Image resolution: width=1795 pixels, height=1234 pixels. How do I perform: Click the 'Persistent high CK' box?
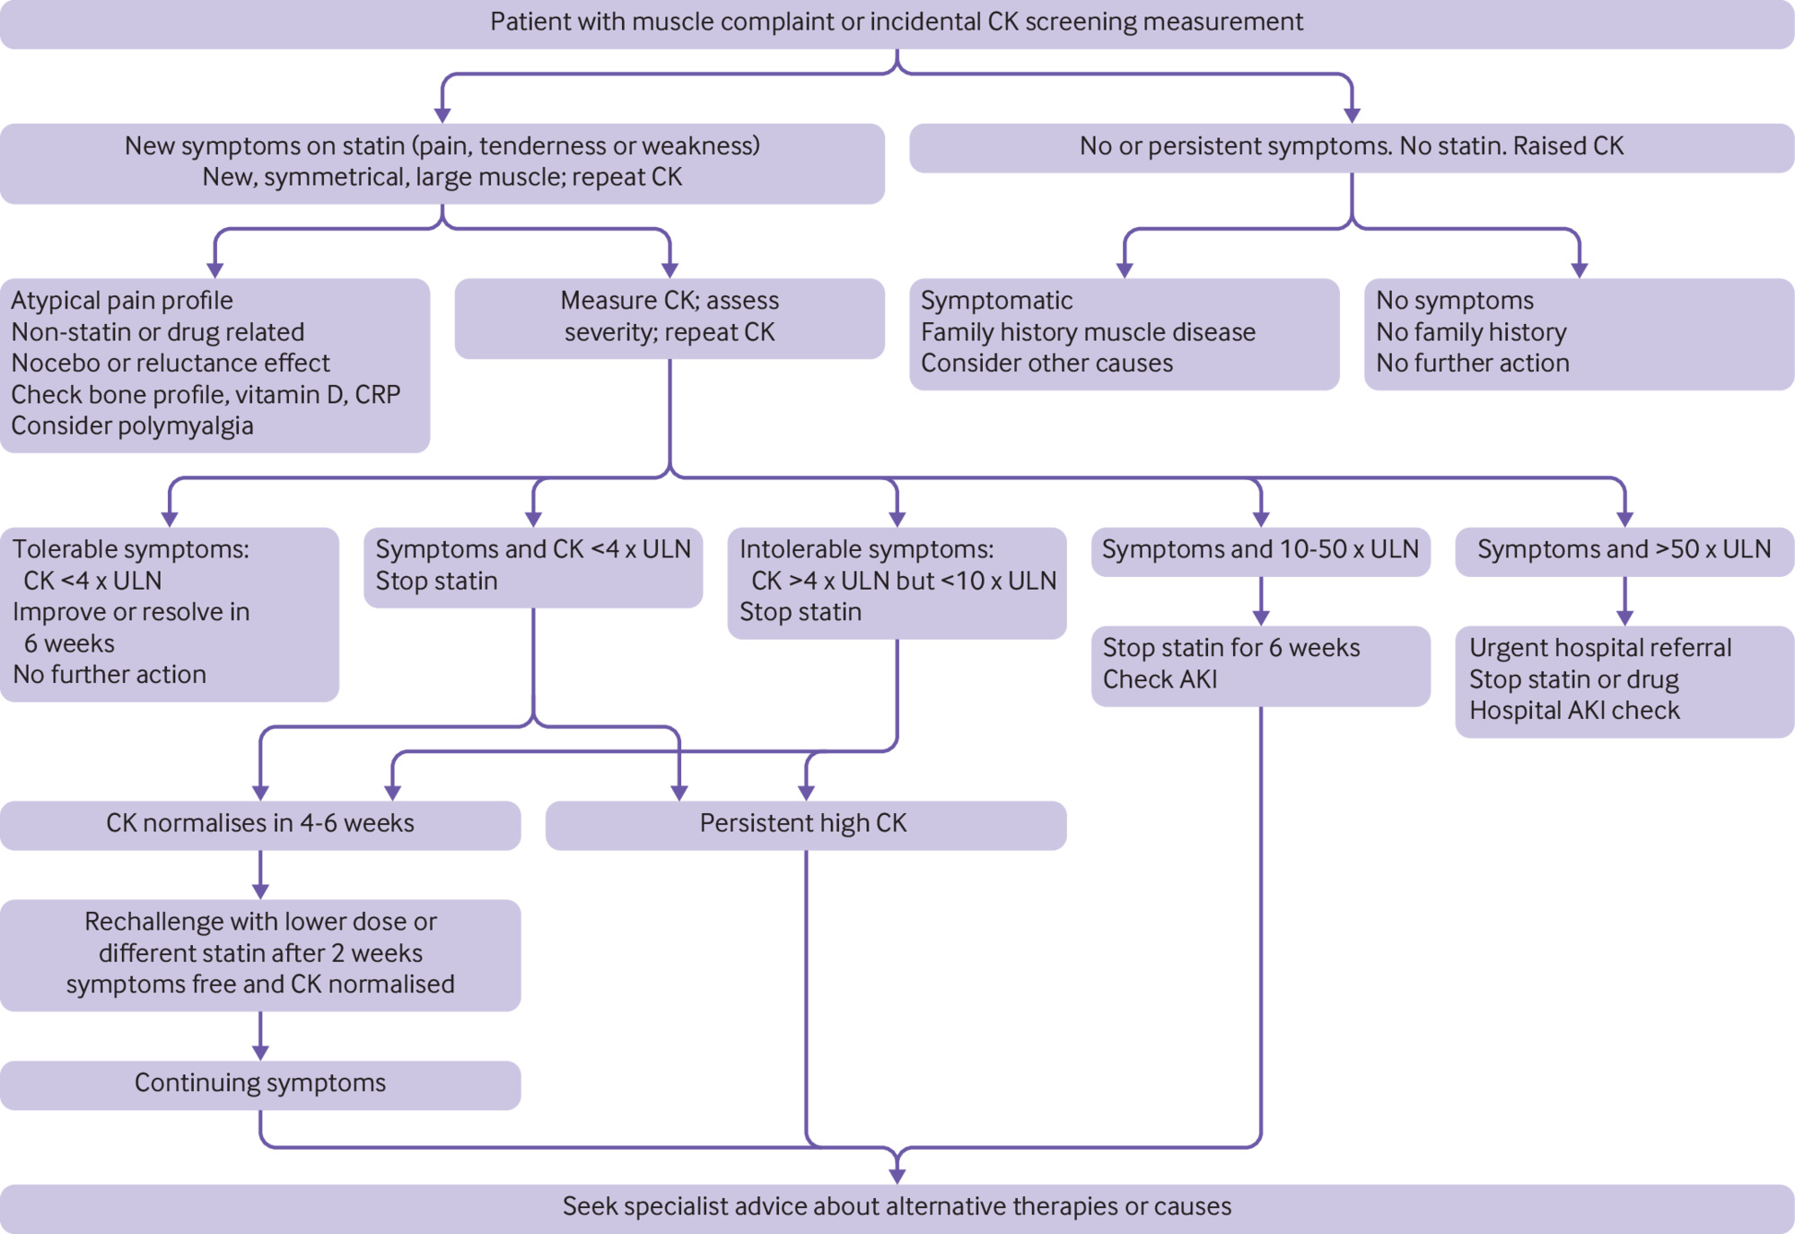point(805,824)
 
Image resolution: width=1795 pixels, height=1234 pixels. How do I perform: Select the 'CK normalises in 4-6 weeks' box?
point(260,824)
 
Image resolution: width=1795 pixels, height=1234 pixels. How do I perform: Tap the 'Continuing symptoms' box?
point(260,1084)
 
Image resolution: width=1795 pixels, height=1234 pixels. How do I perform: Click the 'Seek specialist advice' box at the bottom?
point(897,1207)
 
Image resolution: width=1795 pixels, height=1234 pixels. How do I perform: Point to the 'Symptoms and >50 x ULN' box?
point(1624,550)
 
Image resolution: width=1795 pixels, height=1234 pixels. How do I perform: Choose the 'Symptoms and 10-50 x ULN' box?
point(1260,550)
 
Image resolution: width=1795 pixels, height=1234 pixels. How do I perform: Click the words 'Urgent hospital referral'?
point(1599,648)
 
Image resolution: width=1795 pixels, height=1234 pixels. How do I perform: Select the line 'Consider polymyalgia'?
point(132,426)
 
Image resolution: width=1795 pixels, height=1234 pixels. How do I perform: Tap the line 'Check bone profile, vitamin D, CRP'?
point(206,395)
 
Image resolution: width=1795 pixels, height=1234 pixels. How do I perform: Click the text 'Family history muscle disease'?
point(1088,332)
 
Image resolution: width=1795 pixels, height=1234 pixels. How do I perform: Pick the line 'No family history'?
point(1471,332)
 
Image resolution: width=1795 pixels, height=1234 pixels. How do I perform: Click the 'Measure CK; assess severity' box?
point(670,317)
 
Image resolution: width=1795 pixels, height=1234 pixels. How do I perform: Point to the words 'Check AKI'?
point(1160,679)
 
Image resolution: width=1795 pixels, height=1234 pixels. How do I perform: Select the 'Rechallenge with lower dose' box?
point(260,954)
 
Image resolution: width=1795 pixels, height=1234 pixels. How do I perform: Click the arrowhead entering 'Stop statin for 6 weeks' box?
point(1260,618)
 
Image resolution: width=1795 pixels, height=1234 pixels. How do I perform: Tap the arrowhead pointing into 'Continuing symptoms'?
point(260,1053)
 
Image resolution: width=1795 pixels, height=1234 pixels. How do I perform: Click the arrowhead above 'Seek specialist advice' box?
point(897,1176)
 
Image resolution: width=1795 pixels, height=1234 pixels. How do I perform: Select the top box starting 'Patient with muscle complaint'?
point(897,22)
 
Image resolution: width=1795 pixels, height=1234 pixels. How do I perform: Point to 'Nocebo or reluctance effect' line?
point(171,363)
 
